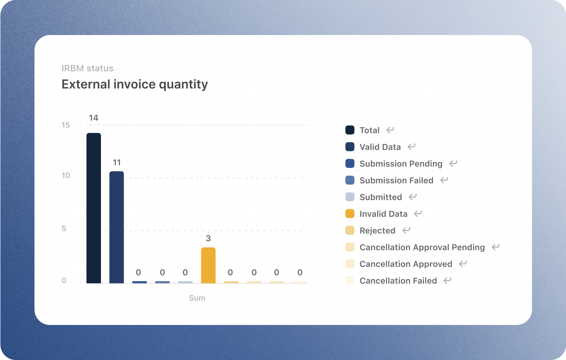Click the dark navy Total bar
point(94,208)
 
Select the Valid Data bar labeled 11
point(116,227)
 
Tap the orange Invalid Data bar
point(208,265)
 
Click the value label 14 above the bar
point(94,118)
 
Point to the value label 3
point(208,239)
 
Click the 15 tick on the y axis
point(66,125)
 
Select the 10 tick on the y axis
point(66,175)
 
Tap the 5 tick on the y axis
point(64,229)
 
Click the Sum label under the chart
point(197,298)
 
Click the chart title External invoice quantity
point(135,84)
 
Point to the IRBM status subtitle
point(87,68)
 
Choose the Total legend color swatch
point(350,130)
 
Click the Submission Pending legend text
point(401,164)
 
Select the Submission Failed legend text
point(396,180)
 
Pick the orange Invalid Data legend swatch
point(350,213)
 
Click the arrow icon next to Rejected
point(407,230)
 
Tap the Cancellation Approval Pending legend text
point(422,247)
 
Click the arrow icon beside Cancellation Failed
point(447,280)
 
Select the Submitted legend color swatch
point(350,197)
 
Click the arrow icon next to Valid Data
point(411,147)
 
